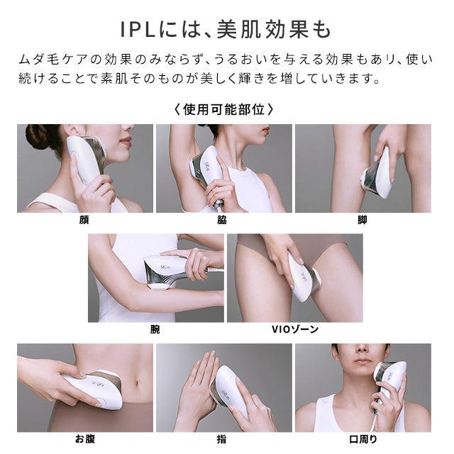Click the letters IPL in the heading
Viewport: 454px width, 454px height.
tap(140, 32)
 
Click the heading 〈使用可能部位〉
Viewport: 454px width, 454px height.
tap(223, 110)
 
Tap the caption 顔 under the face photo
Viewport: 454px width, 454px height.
tap(84, 220)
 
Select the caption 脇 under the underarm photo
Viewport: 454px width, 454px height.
tap(222, 220)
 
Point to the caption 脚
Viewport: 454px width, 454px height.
tap(362, 220)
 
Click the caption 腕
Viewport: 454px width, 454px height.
tap(155, 329)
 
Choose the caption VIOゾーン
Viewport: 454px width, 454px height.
tap(295, 329)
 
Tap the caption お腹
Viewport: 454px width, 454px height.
tap(84, 439)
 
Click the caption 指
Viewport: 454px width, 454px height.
tap(222, 439)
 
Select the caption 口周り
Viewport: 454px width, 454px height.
tap(362, 439)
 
